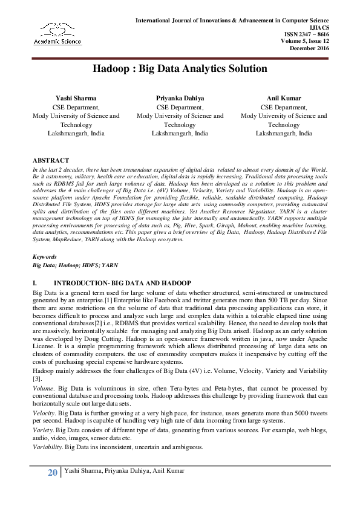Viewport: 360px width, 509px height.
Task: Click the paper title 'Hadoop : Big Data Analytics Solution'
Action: pos(180,69)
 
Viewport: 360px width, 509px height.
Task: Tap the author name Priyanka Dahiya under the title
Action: pos(180,97)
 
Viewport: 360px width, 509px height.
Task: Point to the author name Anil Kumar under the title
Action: pos(284,97)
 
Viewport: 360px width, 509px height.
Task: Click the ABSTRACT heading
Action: pos(50,160)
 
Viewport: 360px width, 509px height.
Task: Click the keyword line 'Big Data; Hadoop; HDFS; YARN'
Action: pos(75,265)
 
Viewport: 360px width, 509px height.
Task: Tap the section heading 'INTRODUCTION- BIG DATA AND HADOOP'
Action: pos(122,283)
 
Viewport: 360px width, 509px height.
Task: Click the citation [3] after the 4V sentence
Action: pos(36,377)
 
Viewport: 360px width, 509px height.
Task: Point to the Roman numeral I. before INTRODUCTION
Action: pos(34,283)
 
